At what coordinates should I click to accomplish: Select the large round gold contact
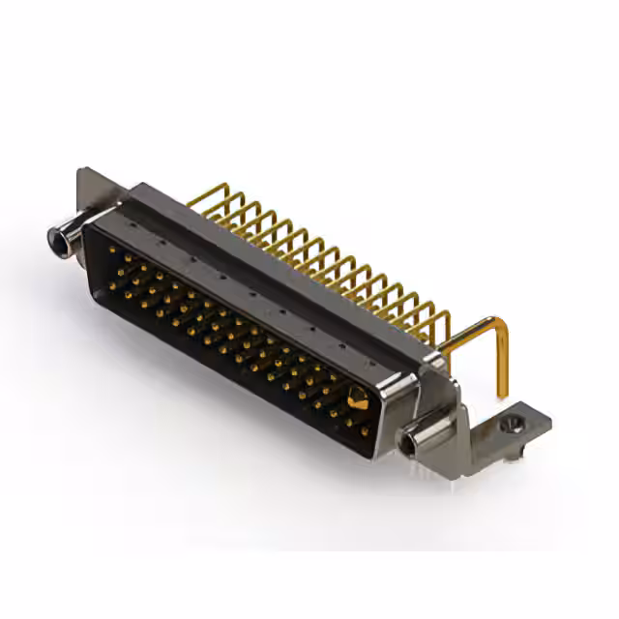pos(358,398)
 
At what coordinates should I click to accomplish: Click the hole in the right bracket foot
pos(515,424)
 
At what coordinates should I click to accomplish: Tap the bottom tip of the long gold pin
pos(503,394)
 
